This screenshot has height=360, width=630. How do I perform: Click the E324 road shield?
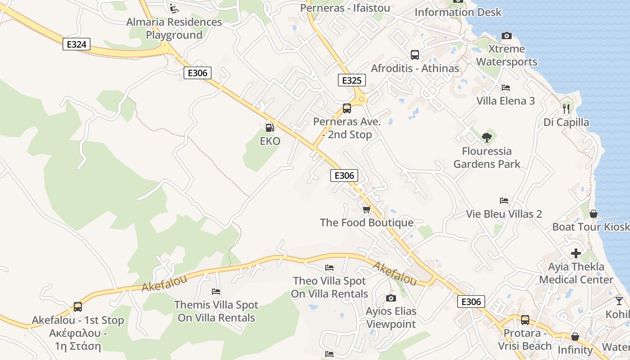pyautogui.click(x=76, y=44)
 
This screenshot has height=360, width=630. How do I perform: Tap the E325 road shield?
pyautogui.click(x=351, y=81)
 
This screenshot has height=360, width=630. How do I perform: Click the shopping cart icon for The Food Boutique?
pyautogui.click(x=366, y=209)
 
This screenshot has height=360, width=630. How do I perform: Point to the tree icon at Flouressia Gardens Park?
pyautogui.click(x=486, y=137)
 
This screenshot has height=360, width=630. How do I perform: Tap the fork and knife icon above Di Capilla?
pyautogui.click(x=566, y=108)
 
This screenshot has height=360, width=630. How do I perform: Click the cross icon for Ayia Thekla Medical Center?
pyautogui.click(x=576, y=253)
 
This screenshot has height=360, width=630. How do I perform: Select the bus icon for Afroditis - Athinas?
pyautogui.click(x=414, y=55)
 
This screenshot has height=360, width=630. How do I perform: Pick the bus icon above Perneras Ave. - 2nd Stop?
pyautogui.click(x=346, y=108)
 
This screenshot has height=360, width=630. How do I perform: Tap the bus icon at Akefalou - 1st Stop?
pyautogui.click(x=78, y=307)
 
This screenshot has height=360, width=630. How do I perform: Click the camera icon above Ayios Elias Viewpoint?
pyautogui.click(x=391, y=298)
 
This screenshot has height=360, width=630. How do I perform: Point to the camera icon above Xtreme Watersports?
pyautogui.click(x=506, y=36)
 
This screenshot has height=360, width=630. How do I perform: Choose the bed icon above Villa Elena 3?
pyautogui.click(x=505, y=87)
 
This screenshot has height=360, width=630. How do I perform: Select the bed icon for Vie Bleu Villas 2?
pyautogui.click(x=504, y=201)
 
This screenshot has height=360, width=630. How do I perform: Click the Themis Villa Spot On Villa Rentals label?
pyautogui.click(x=216, y=311)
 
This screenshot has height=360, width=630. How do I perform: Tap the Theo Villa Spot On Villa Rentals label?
pyautogui.click(x=329, y=288)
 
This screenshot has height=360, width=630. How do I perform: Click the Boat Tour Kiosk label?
pyautogui.click(x=590, y=227)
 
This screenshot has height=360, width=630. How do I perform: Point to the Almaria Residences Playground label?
pyautogui.click(x=174, y=28)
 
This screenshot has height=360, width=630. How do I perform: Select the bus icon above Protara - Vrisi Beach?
pyautogui.click(x=525, y=320)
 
